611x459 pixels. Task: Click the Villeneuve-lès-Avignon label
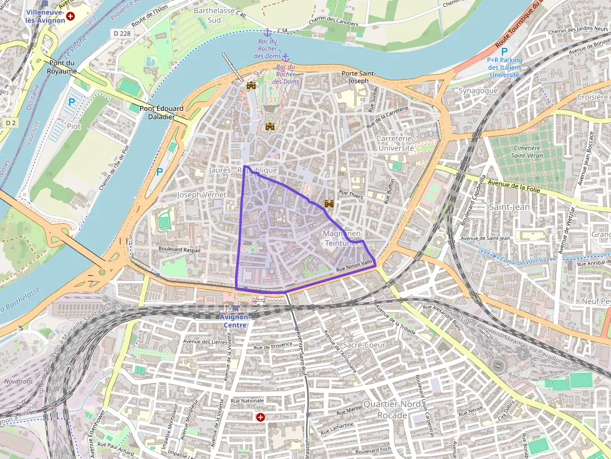click(x=45, y=16)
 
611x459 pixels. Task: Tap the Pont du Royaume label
click(x=61, y=67)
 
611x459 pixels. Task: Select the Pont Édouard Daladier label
click(x=161, y=112)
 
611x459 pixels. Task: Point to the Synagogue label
click(x=478, y=90)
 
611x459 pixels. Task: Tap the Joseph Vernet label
click(x=201, y=195)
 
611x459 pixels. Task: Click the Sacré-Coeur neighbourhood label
click(x=365, y=344)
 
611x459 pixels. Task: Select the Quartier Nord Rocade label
click(x=392, y=409)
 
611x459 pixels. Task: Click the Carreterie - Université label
click(x=396, y=143)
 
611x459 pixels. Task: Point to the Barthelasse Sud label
click(x=207, y=16)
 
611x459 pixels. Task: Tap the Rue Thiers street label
click(x=350, y=194)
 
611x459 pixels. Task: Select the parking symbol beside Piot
click(x=72, y=103)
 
